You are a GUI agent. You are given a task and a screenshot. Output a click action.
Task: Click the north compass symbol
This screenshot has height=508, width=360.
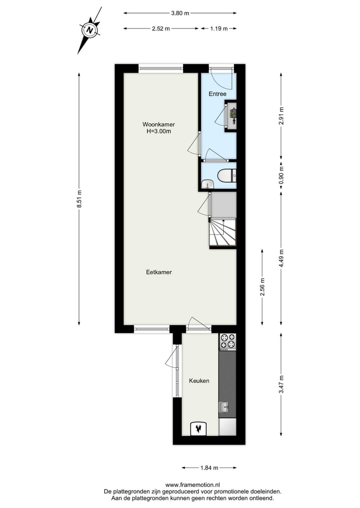(89, 30)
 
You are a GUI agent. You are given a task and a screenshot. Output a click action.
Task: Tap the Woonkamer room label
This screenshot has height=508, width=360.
(158, 124)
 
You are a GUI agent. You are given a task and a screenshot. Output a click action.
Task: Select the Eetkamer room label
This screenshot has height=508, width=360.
(159, 272)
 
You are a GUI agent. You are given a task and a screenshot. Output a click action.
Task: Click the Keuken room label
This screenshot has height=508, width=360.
(199, 381)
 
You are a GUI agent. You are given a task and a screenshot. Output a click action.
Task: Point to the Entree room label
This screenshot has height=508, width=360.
(217, 94)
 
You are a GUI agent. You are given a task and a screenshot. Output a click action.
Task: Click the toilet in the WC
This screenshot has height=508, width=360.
(226, 175)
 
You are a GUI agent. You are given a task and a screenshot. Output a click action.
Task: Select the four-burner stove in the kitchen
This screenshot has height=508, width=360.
(227, 341)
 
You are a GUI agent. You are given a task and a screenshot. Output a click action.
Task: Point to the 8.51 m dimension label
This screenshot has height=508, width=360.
(79, 199)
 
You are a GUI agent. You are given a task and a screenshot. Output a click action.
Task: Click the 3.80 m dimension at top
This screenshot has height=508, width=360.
(180, 13)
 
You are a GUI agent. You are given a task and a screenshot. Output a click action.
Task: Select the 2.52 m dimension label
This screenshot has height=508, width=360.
(161, 28)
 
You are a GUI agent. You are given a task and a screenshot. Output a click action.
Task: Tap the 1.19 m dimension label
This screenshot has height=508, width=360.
(218, 28)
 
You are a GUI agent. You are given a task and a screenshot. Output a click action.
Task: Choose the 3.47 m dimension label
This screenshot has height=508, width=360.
(281, 384)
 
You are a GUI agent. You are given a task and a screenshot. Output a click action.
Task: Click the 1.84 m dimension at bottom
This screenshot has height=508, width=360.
(209, 468)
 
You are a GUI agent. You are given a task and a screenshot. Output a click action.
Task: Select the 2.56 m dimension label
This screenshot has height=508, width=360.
(262, 287)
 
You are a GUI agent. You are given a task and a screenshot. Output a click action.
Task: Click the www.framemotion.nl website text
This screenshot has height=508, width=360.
(192, 485)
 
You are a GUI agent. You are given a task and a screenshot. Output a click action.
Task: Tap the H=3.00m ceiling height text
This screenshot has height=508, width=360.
(158, 132)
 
